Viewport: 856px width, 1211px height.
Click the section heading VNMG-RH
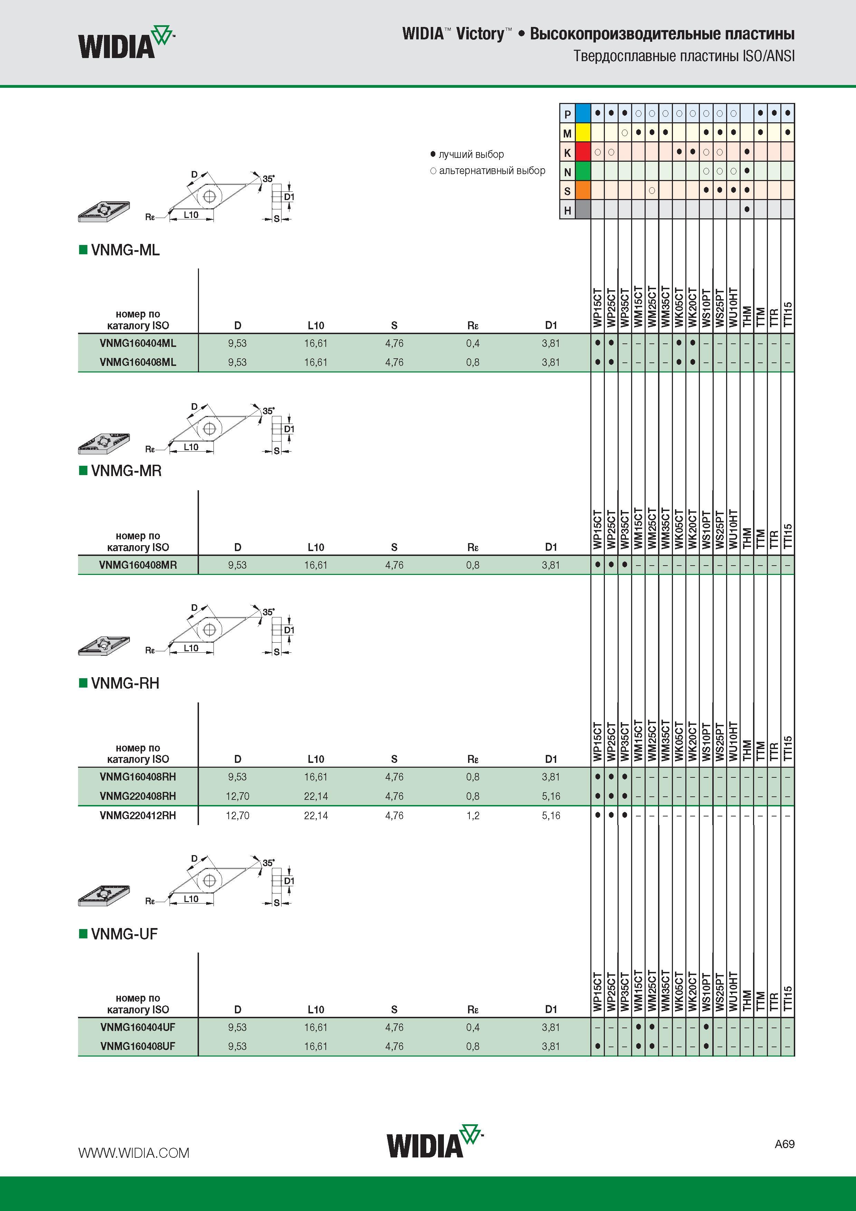tap(125, 683)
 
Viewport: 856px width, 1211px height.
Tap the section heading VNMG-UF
tap(124, 934)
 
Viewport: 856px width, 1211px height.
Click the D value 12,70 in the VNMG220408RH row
tap(237, 796)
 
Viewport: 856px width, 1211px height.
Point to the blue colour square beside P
tap(583, 113)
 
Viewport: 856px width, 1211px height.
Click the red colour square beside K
tap(583, 152)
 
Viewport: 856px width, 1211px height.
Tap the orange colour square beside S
tap(583, 190)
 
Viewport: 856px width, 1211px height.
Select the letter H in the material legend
tap(568, 210)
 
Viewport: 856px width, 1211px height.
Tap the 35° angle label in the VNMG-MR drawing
tap(268, 411)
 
